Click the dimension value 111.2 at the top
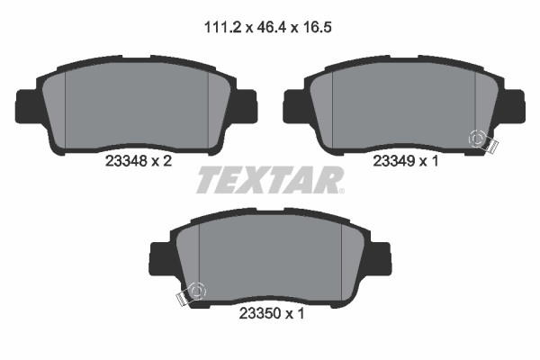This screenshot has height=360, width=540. pos(223,27)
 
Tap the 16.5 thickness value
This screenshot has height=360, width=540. pos(317,27)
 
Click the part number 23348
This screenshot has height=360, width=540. pos(126,160)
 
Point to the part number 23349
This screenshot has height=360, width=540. pos(394,161)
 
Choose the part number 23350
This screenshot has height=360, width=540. pos(260,313)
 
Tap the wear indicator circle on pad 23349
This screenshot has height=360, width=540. pos(477,139)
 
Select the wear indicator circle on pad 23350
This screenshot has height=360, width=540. pos(196,292)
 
